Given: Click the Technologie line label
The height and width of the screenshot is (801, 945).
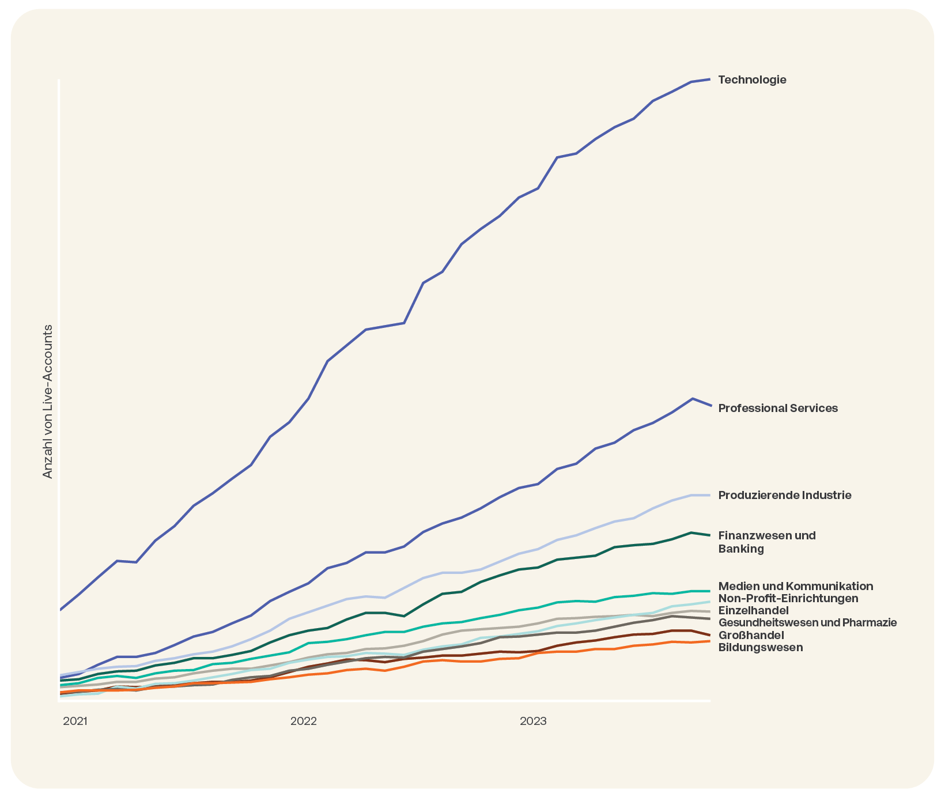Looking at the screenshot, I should click(752, 80).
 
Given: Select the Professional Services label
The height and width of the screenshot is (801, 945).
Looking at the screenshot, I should click(778, 409).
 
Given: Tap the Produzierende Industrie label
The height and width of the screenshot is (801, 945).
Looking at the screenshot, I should click(785, 496).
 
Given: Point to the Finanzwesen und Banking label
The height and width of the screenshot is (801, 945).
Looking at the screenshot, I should click(767, 542).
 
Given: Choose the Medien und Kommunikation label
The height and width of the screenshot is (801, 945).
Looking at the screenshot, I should click(796, 587).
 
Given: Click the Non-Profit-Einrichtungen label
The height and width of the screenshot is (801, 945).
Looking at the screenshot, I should click(788, 599).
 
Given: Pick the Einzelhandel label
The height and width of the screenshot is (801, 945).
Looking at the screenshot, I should click(753, 611).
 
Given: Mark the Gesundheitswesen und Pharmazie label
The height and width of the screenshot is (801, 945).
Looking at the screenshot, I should click(807, 623).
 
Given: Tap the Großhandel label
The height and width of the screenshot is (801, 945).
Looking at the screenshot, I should click(751, 636).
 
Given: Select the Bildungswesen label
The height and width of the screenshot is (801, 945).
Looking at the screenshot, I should click(761, 648).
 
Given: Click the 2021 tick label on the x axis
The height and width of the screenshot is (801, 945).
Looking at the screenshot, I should click(75, 721).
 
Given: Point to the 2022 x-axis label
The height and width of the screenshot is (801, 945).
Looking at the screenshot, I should click(304, 721).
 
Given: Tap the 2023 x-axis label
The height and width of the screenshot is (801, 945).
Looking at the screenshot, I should click(533, 721).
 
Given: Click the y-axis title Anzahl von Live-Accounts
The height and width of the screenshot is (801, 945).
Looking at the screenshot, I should click(48, 402).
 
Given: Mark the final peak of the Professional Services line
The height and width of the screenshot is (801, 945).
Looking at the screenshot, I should click(691, 399).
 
